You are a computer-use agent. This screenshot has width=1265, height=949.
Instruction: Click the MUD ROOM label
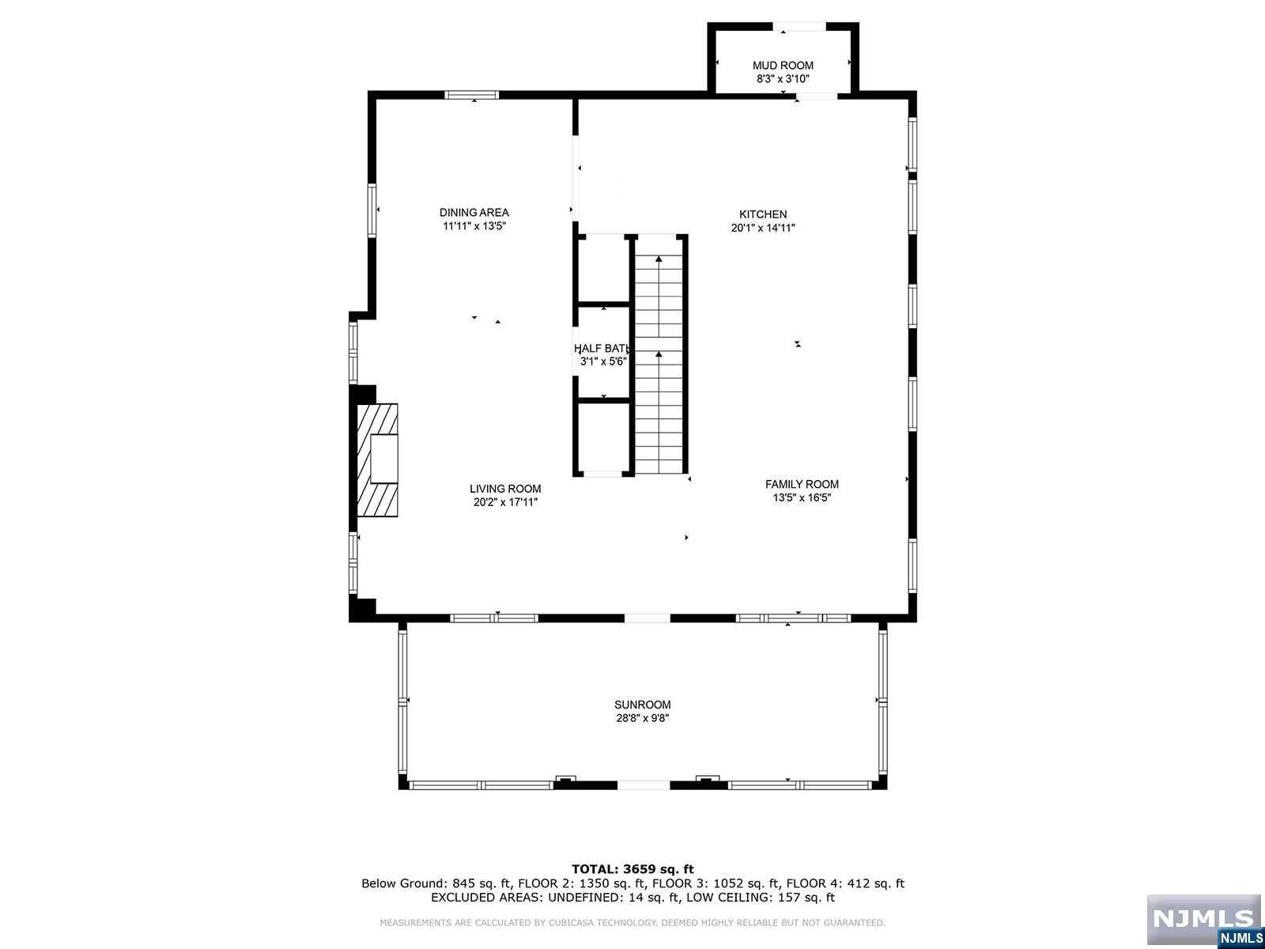tap(783, 66)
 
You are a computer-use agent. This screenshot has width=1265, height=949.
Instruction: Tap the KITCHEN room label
tap(763, 214)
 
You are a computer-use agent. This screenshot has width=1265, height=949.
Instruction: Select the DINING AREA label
tap(474, 212)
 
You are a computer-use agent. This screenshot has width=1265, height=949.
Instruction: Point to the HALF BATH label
tap(603, 348)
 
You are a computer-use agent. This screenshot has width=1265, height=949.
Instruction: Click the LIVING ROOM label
tap(505, 489)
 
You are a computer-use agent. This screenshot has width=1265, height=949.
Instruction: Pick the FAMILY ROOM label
tap(802, 484)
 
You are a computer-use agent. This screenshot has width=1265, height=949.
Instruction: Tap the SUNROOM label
tap(643, 705)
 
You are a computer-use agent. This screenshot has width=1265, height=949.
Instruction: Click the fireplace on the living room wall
tap(376, 459)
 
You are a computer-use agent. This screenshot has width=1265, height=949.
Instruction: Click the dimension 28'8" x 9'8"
tap(643, 718)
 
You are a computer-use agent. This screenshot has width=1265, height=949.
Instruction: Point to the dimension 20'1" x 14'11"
tap(763, 228)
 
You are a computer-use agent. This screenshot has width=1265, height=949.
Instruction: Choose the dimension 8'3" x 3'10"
tap(783, 79)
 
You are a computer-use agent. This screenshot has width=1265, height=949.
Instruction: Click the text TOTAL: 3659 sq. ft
tap(632, 869)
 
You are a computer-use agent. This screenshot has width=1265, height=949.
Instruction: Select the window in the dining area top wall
tap(472, 95)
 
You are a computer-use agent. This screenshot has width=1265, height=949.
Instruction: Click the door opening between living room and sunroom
tap(648, 618)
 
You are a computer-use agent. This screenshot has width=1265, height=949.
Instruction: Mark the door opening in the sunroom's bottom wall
tap(644, 785)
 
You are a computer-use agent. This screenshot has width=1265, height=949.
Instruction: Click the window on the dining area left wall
tap(372, 210)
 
